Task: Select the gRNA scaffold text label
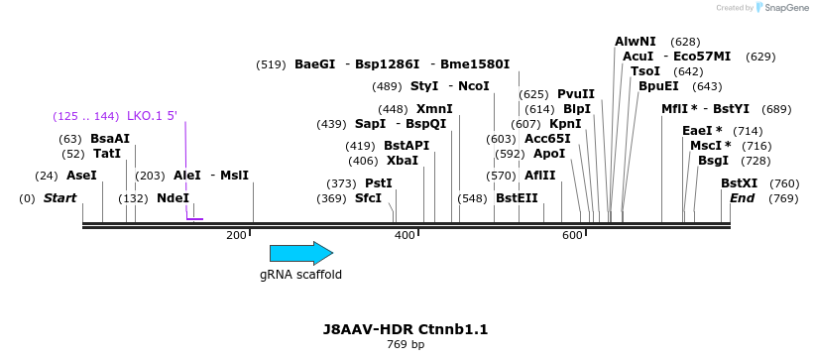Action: point(300,275)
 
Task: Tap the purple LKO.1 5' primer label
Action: point(152,116)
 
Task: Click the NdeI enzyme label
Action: point(173,198)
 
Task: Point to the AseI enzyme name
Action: point(81,176)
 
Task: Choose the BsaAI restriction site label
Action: point(110,139)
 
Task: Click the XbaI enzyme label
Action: point(403,161)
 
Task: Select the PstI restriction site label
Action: point(379,183)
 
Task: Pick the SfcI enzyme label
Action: point(368,198)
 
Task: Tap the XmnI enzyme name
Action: point(434,109)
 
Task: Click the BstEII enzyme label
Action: point(517,198)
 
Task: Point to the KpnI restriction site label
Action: point(565,124)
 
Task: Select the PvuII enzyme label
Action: point(576,94)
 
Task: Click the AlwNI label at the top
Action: point(635,42)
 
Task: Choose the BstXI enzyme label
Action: point(739,183)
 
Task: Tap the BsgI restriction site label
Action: point(713,161)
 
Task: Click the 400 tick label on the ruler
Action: point(405,235)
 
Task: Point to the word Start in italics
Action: point(59,198)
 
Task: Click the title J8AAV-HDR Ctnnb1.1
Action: point(406,329)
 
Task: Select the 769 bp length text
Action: point(406,345)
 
